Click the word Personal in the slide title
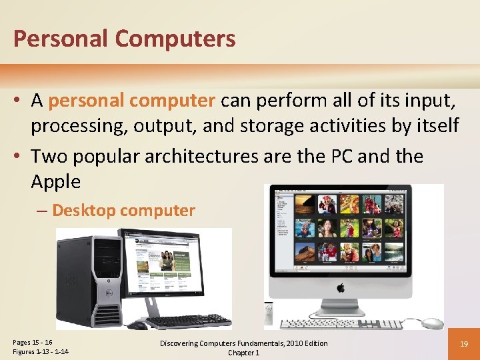[59, 39]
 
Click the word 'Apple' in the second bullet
[55, 181]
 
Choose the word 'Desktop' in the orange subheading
[83, 211]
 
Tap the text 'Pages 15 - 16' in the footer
[33, 342]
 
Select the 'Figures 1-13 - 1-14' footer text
[41, 352]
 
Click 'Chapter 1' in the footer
[243, 353]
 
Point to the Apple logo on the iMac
[341, 289]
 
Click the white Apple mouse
[432, 323]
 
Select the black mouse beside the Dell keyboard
[138, 325]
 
